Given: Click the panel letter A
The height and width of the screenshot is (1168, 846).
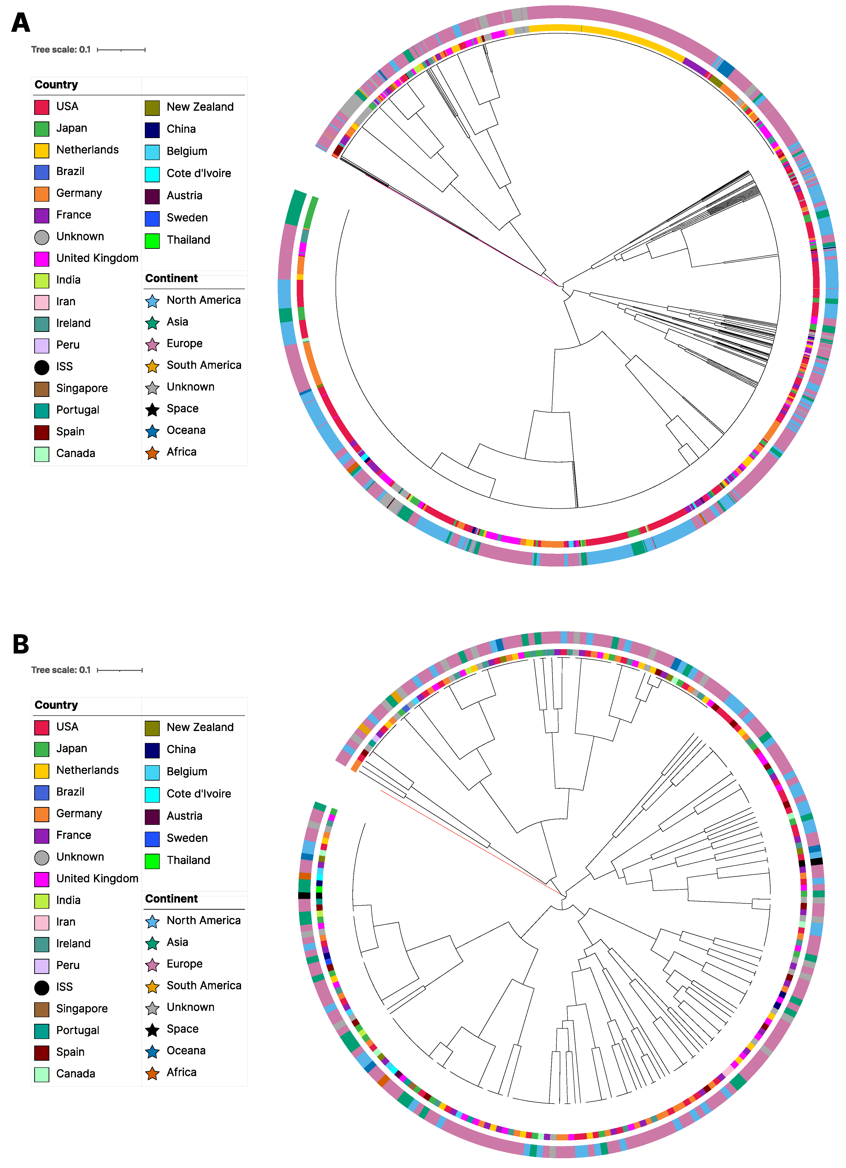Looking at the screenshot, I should (21, 23).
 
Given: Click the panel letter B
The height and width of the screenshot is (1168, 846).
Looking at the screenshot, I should (21, 644).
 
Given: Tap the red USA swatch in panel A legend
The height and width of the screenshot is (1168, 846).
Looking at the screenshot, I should (42, 107).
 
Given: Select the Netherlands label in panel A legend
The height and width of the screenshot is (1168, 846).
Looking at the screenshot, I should (87, 150).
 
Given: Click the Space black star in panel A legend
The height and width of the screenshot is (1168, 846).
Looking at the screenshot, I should (152, 409).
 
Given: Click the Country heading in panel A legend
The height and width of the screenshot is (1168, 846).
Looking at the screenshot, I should (56, 85).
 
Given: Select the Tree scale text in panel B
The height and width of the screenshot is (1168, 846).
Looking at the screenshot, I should (61, 670).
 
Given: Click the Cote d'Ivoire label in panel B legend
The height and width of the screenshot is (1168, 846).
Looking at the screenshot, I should (199, 794).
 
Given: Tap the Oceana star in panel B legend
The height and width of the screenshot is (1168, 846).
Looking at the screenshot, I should (152, 1052).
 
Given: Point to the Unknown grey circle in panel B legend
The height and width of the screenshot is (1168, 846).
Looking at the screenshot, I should (42, 857).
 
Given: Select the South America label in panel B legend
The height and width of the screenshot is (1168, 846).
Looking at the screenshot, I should (204, 985).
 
